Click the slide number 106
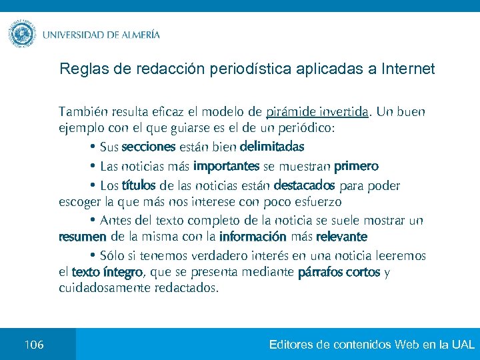[x=34, y=345]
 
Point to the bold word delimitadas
[x=272, y=146]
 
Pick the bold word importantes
[x=226, y=165]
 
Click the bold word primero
[x=356, y=165]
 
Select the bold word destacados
[x=304, y=184]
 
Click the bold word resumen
[x=83, y=237]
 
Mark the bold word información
[x=253, y=237]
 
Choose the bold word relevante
[x=342, y=237]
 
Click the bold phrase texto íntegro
[x=107, y=272]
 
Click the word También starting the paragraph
[x=83, y=111]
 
